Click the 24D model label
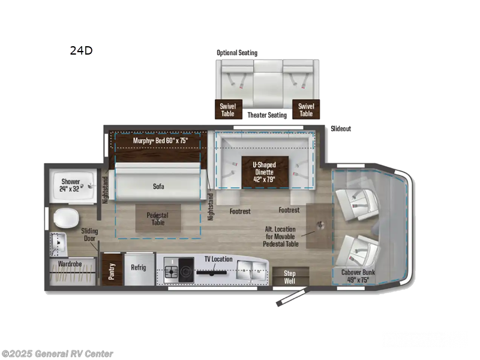(x=81, y=50)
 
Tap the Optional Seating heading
(x=237, y=53)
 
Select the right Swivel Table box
(x=306, y=109)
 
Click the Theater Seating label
(x=267, y=115)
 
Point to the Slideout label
(x=340, y=129)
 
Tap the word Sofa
(x=158, y=186)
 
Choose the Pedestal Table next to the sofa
(x=157, y=219)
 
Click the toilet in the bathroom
(x=62, y=219)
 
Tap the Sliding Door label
(x=90, y=235)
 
